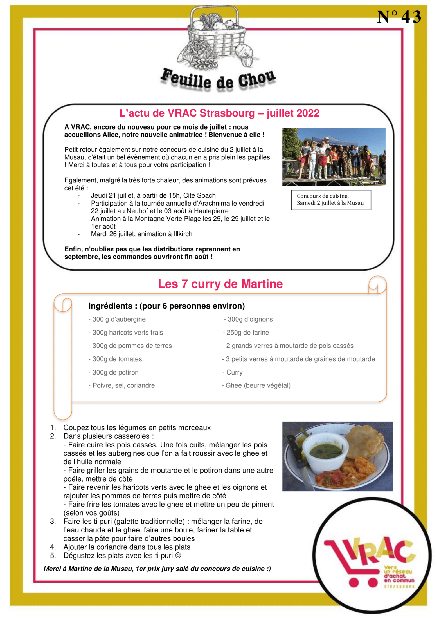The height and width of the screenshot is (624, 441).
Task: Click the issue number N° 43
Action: click(399, 17)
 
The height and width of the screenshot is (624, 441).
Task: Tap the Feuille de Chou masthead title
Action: click(218, 80)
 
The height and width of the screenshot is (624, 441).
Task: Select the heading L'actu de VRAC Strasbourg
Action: click(219, 113)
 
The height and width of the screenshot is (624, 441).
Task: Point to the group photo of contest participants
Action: click(334, 157)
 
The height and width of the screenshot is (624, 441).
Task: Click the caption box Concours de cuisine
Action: click(331, 200)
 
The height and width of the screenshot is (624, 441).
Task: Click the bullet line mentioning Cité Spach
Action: click(153, 195)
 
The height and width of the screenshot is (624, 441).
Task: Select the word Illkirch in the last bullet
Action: click(183, 234)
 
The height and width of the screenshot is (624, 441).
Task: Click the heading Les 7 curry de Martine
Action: click(220, 284)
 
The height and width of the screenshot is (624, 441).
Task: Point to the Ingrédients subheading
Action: click(166, 306)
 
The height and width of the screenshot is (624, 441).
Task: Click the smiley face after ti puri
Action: click(178, 555)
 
